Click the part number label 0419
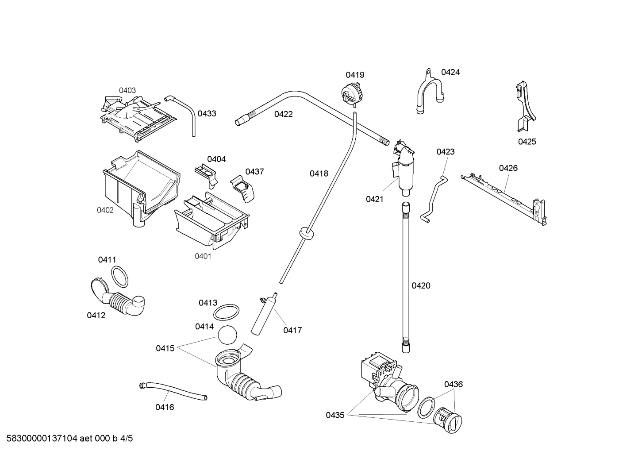coord(355,75)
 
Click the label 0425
coord(527,142)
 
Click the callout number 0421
coord(374,199)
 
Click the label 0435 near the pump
coord(335,415)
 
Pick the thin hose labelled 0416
coord(173,391)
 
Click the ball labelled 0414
coord(227,335)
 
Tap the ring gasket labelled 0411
coord(119,277)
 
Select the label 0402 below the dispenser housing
coord(105,210)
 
